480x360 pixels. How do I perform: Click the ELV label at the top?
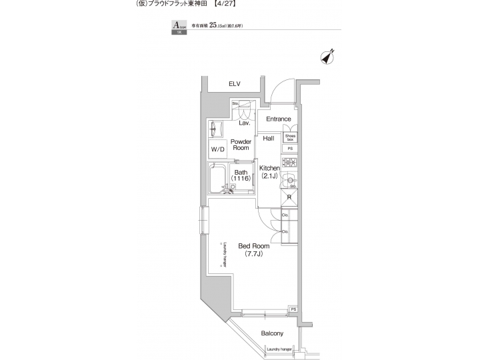[234, 83]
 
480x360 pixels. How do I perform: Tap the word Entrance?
[279, 119]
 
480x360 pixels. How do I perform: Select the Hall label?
[269, 138]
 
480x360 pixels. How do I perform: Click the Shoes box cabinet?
[290, 137]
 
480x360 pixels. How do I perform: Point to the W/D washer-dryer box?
[218, 150]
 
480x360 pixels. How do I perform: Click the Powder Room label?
[241, 145]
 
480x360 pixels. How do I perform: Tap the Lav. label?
[245, 123]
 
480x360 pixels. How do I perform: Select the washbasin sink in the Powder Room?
[217, 129]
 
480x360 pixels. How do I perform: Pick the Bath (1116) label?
[241, 177]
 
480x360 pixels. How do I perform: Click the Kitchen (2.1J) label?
[269, 172]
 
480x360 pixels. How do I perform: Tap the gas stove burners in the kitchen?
[290, 163]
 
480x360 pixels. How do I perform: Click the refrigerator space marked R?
[289, 197]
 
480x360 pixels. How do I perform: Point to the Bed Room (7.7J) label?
[257, 250]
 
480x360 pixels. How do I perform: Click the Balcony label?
[272, 333]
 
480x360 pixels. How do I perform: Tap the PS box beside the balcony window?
[293, 309]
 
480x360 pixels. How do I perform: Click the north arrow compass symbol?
[327, 58]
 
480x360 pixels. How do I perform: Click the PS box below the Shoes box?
[290, 149]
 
